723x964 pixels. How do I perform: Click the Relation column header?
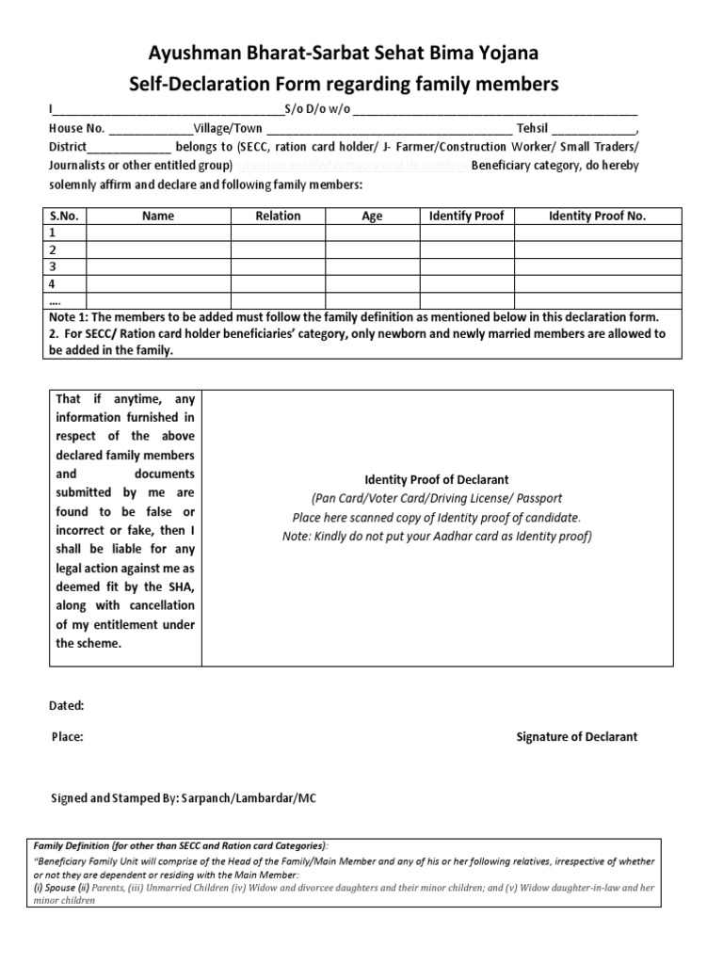278,217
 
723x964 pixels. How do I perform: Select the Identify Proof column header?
466,217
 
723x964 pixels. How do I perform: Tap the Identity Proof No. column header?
597,217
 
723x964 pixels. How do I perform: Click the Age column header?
372,217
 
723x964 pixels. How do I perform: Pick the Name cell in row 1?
158,233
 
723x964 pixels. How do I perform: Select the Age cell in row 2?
372,249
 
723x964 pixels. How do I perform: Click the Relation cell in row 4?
278,283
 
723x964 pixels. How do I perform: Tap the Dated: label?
66,705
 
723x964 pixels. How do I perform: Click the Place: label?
67,737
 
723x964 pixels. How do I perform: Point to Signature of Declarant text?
576,737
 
